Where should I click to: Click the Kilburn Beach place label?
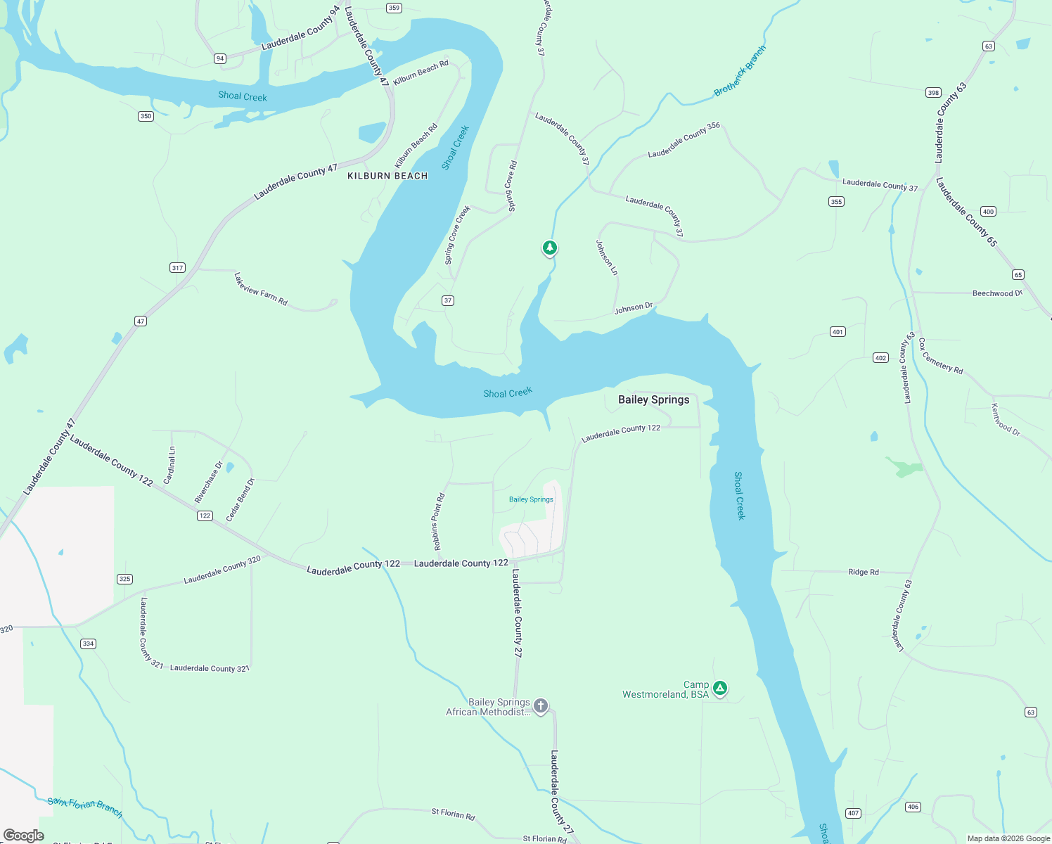coord(387,176)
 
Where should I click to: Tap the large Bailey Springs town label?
coord(653,399)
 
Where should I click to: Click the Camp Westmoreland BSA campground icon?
coord(719,688)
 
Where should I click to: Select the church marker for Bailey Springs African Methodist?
coord(540,705)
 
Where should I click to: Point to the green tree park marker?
coord(550,248)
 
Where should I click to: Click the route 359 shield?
coord(394,8)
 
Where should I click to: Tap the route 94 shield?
coord(220,58)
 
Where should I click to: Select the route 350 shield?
coord(146,116)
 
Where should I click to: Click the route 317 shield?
coord(177,267)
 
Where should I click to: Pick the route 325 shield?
coord(124,579)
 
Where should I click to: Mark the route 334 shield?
coord(88,644)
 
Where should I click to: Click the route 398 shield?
coord(933,92)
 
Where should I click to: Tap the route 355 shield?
coord(836,201)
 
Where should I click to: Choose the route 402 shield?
coord(880,358)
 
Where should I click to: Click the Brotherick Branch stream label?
coord(740,71)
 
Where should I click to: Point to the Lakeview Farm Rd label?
coord(261,289)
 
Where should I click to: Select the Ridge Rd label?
coord(863,572)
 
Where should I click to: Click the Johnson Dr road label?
coord(634,308)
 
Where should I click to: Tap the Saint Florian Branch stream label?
coord(85,807)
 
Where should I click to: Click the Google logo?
coord(24,836)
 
